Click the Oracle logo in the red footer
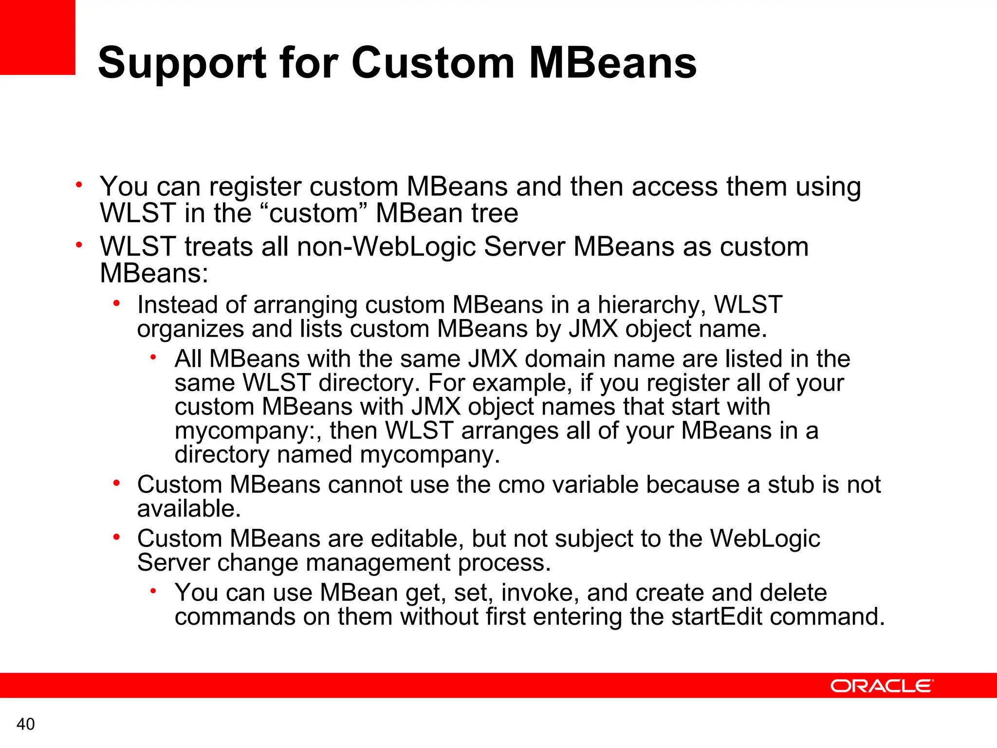[882, 686]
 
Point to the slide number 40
[25, 724]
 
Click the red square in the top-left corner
[37, 37]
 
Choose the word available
[189, 509]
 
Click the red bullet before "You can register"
[79, 185]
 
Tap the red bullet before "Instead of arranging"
[116, 304]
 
